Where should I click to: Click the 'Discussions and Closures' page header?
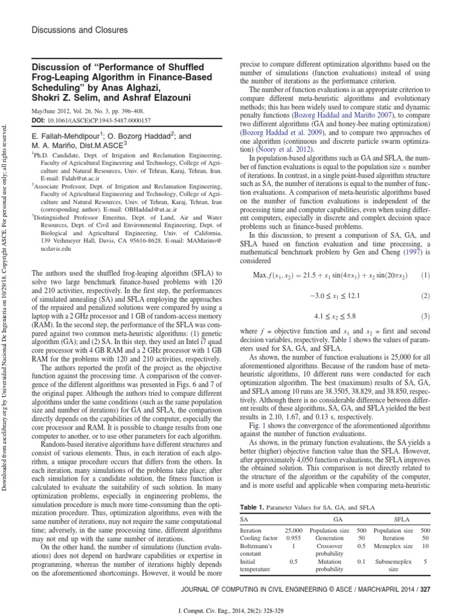pos(71,29)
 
